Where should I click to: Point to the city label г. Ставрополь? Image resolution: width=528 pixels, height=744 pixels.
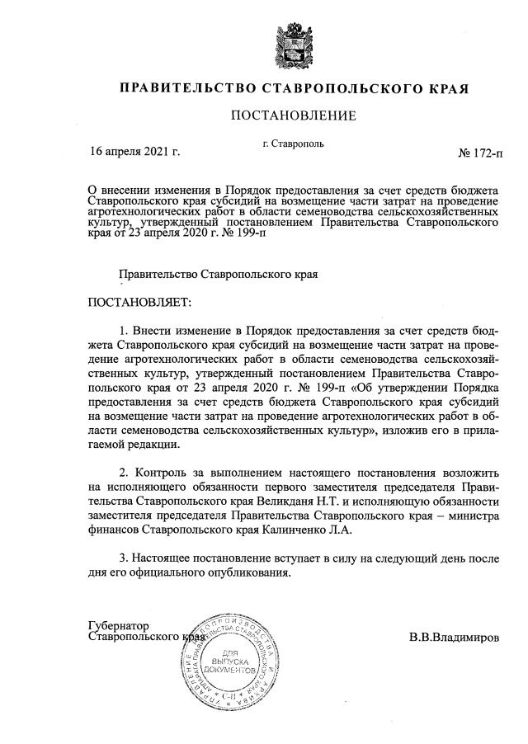[293, 143]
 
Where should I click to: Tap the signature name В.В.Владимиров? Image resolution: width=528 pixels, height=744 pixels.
[454, 638]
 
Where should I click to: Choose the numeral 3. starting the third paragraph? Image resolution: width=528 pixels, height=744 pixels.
[125, 559]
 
